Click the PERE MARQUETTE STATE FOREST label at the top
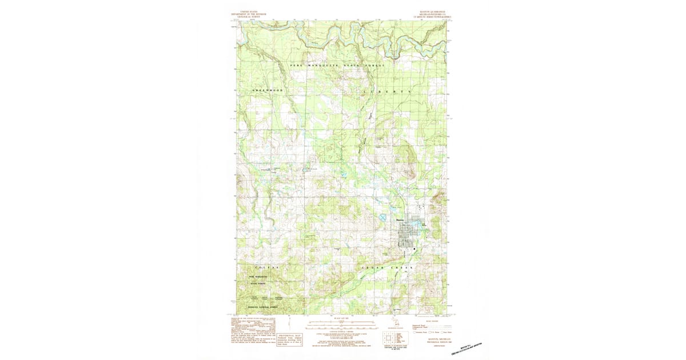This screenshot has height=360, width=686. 337,66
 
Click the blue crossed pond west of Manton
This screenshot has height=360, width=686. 381,218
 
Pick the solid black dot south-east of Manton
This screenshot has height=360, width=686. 416,249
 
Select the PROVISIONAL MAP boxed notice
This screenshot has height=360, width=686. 290,338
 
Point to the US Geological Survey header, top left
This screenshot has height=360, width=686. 249,15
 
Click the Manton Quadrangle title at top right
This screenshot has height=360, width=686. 438,15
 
